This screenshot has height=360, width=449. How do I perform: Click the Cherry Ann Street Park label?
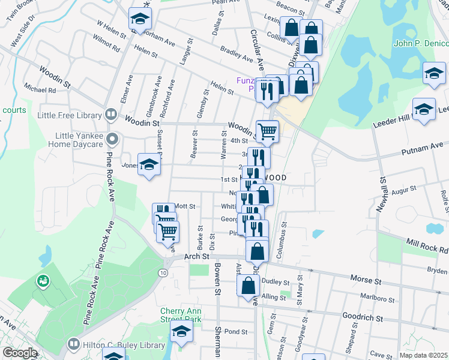tap(181, 316)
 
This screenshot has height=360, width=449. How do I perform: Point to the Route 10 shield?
tap(163, 273)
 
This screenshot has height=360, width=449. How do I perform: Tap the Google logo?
tap(20, 353)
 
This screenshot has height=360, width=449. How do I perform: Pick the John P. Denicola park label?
tap(421, 43)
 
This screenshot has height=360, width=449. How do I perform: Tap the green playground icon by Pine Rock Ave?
tap(43, 280)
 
